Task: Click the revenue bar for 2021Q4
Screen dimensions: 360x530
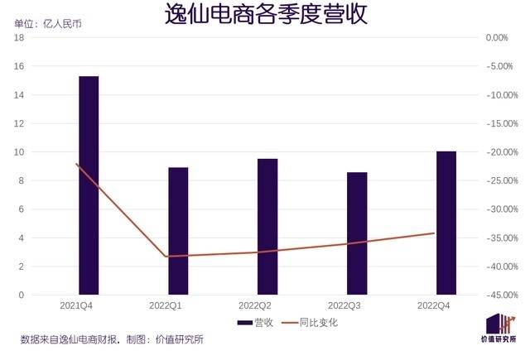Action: coord(89,185)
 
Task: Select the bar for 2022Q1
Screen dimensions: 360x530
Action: coord(178,231)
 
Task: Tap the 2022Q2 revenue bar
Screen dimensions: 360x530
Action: coord(267,227)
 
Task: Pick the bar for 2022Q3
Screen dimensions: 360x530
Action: coord(357,233)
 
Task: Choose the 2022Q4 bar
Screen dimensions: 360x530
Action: coord(446,223)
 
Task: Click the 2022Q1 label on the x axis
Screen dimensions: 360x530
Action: coord(178,306)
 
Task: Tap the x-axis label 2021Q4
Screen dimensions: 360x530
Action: coord(89,306)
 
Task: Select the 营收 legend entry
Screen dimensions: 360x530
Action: coord(255,323)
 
